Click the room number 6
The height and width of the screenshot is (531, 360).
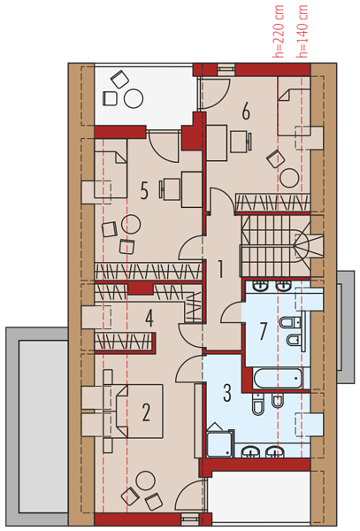pyautogui.click(x=246, y=112)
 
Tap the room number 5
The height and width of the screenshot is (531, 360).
pyautogui.click(x=144, y=191)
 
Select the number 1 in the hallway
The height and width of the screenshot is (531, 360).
pyautogui.click(x=220, y=269)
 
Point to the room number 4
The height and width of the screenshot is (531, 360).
pyautogui.click(x=149, y=319)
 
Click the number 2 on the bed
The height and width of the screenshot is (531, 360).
pyautogui.click(x=146, y=412)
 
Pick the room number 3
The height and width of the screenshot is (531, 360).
pyautogui.click(x=227, y=393)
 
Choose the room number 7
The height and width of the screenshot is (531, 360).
pyautogui.click(x=264, y=331)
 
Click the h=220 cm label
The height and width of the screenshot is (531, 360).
pyautogui.click(x=280, y=32)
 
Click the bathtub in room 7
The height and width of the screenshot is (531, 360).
pyautogui.click(x=278, y=379)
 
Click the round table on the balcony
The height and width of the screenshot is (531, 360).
pyautogui.click(x=134, y=98)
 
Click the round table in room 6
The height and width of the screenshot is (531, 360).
pyautogui.click(x=289, y=178)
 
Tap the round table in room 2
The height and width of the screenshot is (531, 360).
pyautogui.click(x=145, y=481)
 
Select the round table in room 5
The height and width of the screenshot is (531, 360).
pyautogui.click(x=131, y=224)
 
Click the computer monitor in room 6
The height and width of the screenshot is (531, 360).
pyautogui.click(x=249, y=142)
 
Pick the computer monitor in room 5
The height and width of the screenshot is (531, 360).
pyautogui.click(x=161, y=189)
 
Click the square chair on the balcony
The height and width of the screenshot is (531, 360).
pyautogui.click(x=110, y=98)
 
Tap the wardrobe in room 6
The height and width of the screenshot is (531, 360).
pyautogui.click(x=272, y=202)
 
